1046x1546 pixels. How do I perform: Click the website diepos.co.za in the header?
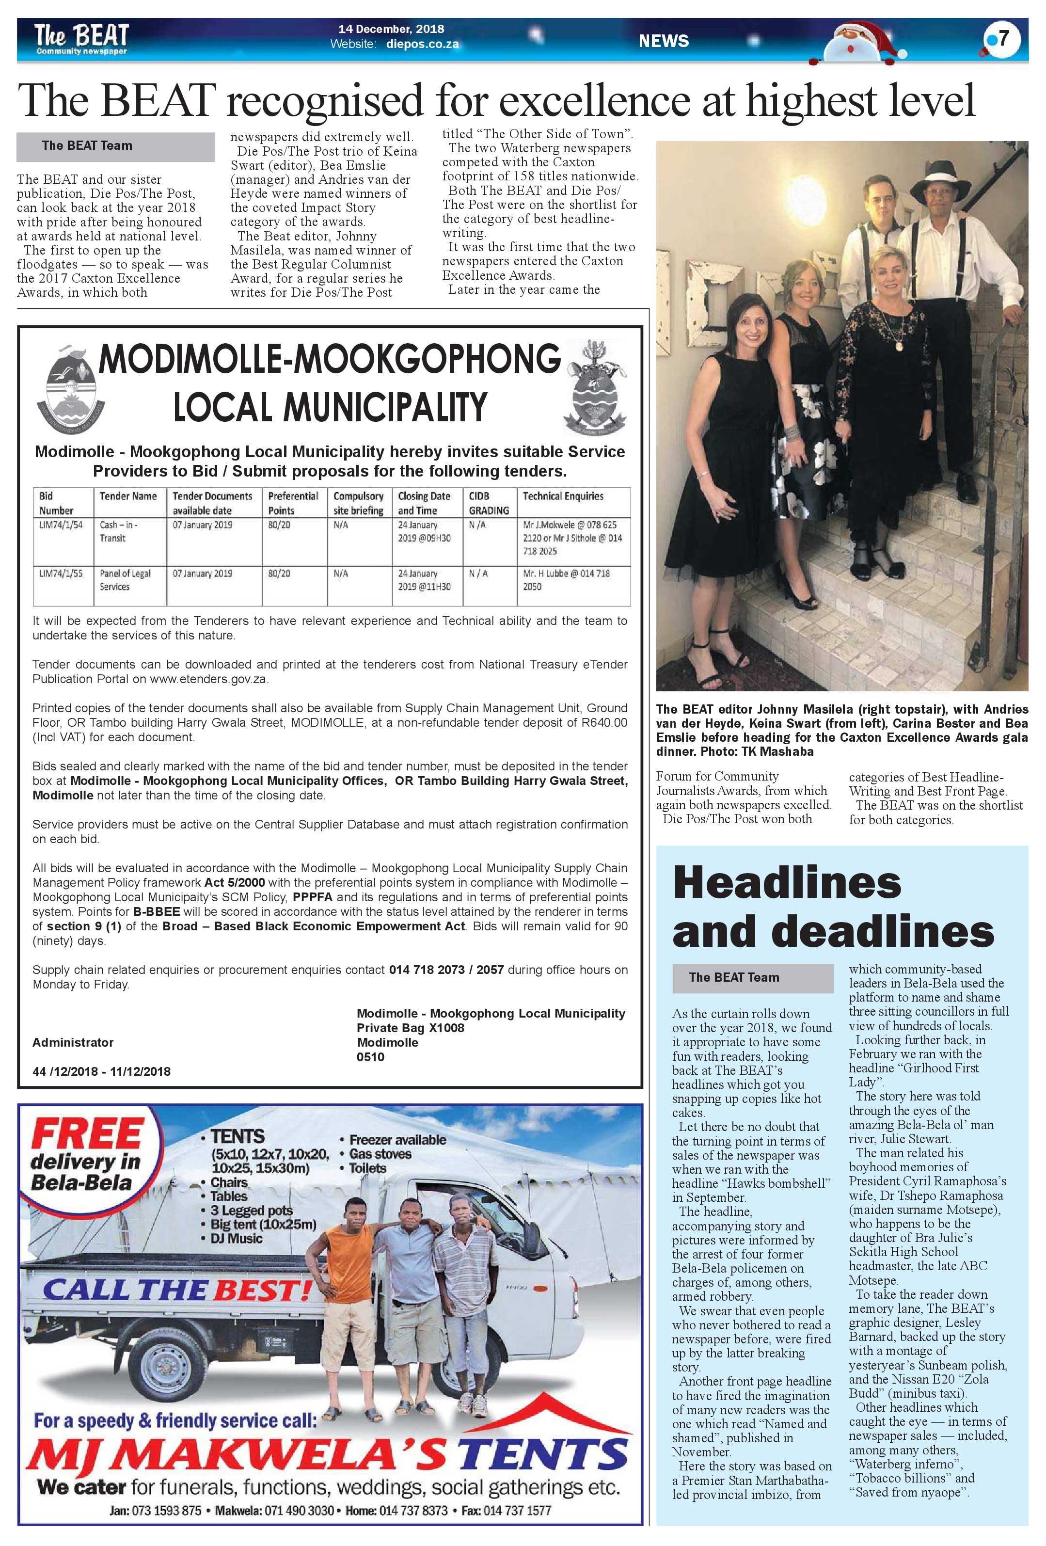coord(422,45)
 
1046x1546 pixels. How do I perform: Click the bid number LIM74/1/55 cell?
coord(61,574)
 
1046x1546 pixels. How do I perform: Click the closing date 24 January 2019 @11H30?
coord(424,580)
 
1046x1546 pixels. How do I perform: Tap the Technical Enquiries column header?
coord(563,496)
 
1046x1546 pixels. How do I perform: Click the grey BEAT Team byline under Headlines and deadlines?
coord(752,978)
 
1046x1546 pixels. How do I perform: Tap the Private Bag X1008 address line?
coord(410,1028)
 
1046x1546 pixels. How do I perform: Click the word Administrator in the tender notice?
coord(73,1042)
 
